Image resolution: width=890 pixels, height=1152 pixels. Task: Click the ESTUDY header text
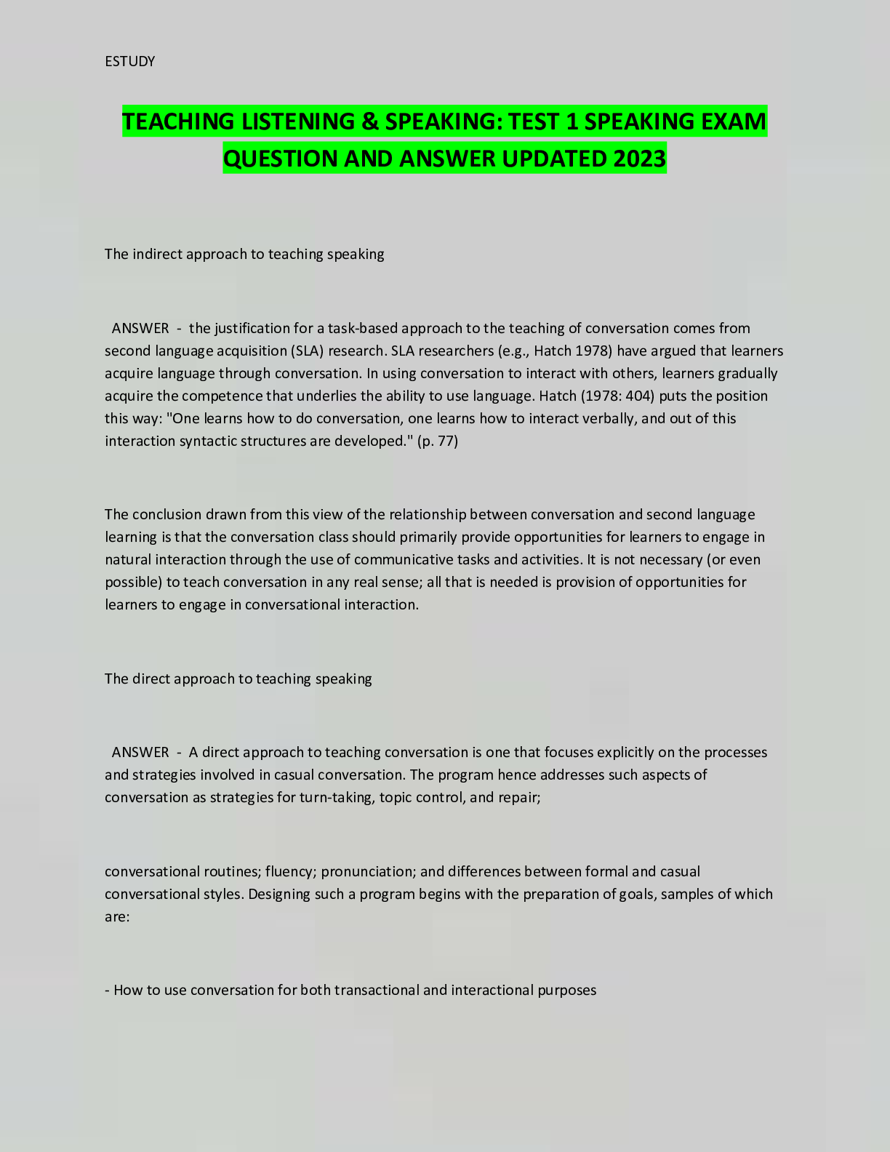coord(129,61)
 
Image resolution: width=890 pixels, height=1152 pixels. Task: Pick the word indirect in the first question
coord(158,254)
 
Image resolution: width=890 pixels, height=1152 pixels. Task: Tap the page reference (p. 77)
coord(438,441)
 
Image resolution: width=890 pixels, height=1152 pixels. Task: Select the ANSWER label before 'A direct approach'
coord(140,752)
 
